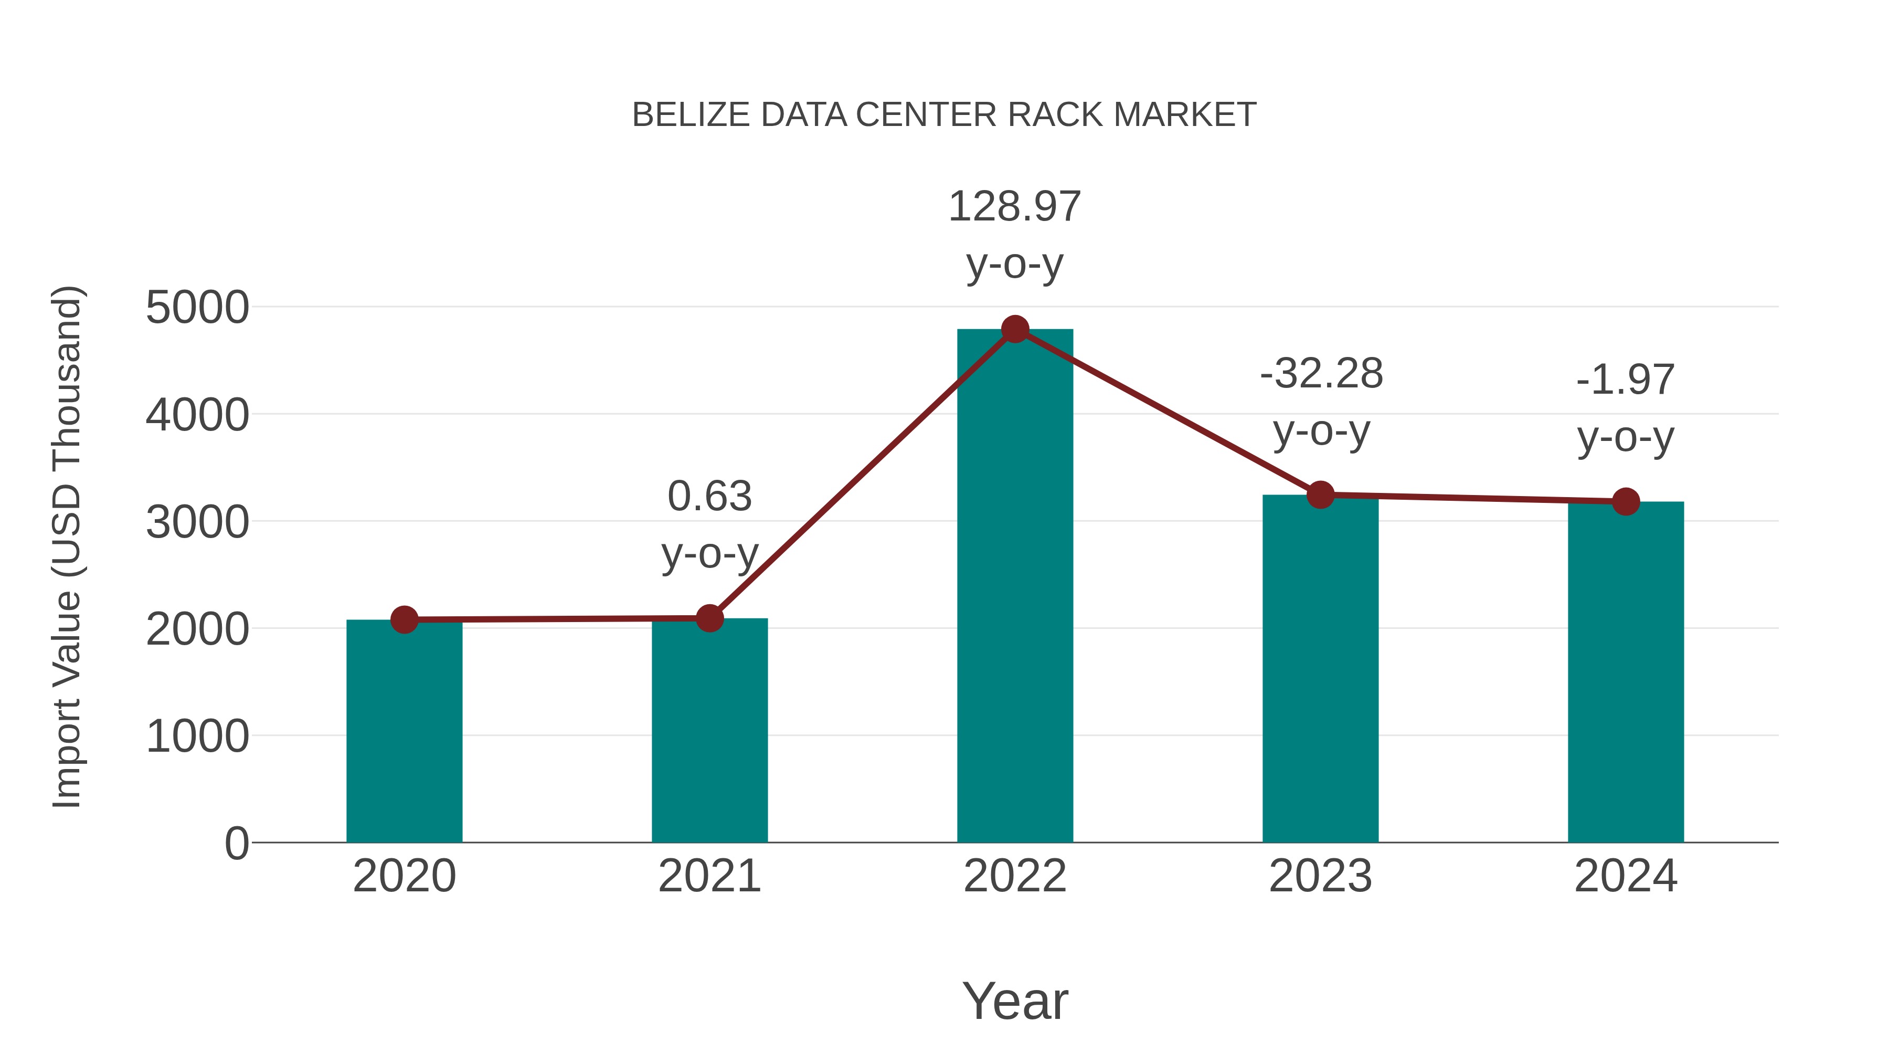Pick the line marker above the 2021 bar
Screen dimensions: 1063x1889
(709, 618)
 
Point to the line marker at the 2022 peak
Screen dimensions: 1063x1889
(1015, 329)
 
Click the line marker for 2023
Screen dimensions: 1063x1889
(1320, 495)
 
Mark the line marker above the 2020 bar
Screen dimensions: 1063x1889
(404, 620)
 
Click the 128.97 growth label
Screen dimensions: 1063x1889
(1014, 206)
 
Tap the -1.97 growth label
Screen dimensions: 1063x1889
(1625, 380)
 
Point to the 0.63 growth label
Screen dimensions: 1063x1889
(709, 496)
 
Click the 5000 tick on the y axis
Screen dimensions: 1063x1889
(197, 308)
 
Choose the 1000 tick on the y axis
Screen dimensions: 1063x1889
(197, 736)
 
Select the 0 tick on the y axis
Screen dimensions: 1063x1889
(237, 843)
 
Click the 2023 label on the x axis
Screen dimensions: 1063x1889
(1320, 876)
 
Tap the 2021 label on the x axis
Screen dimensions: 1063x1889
(709, 876)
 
